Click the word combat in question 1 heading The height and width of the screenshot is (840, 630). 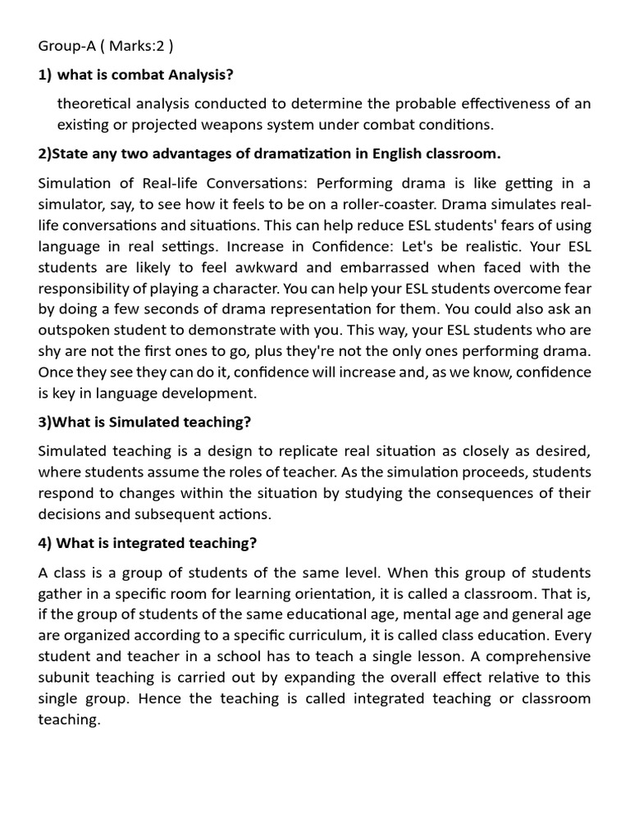[x=136, y=75]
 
